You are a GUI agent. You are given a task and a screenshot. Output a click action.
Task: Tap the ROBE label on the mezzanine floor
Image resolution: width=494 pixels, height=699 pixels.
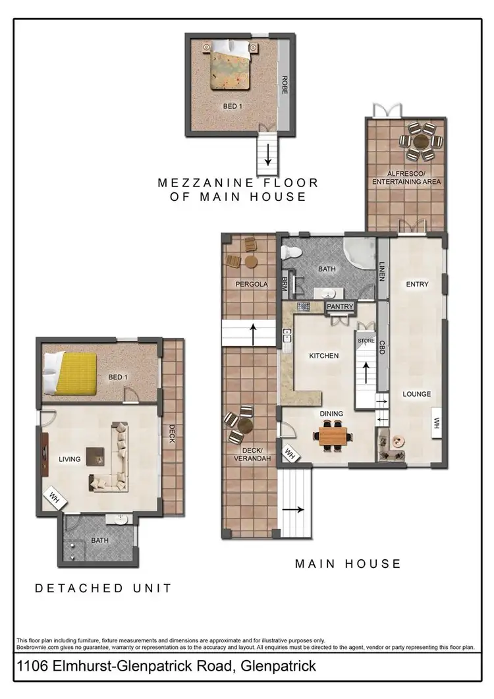[285, 86]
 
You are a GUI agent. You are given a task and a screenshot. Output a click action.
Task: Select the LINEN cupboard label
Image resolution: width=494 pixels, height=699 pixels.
[382, 271]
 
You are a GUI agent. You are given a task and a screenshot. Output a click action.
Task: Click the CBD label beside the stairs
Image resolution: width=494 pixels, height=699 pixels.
[382, 347]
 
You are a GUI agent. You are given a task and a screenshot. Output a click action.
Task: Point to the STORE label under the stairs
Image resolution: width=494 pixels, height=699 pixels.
[366, 341]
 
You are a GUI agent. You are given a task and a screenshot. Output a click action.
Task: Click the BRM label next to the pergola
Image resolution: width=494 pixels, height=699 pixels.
[285, 284]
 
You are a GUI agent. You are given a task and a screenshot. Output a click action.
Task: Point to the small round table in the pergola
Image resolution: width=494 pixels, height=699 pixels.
[250, 262]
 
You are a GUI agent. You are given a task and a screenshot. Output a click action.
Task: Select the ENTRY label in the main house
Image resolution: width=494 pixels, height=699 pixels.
[417, 285]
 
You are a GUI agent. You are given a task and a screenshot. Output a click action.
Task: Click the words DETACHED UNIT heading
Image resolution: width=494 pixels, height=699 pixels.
[103, 588]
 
